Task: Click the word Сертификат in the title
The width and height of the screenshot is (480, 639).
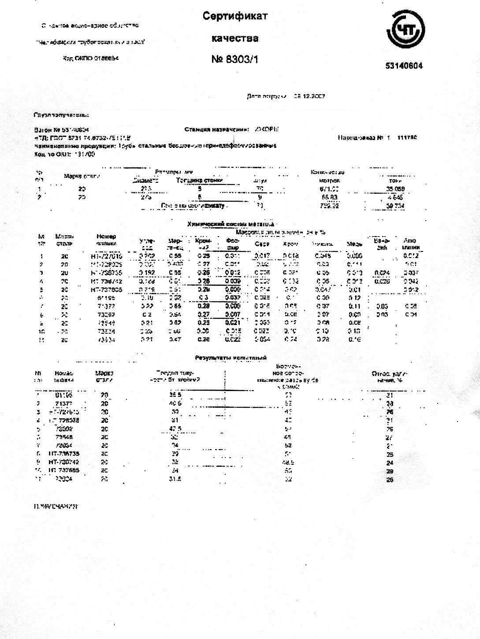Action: [x=235, y=16]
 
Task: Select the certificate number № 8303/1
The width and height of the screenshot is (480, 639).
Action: [x=234, y=59]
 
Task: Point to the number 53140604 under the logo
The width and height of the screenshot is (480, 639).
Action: [x=404, y=66]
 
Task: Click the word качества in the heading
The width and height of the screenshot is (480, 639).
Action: [x=235, y=38]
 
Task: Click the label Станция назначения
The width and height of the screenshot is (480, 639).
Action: [x=217, y=129]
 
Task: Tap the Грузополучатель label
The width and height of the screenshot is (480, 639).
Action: [x=61, y=115]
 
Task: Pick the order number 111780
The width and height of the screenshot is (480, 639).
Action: [x=407, y=138]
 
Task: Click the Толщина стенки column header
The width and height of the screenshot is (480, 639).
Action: [x=199, y=180]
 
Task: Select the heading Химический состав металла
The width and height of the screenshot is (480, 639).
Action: [x=231, y=224]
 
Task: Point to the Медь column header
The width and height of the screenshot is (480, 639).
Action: [x=354, y=244]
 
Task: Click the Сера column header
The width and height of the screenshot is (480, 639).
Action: [x=262, y=244]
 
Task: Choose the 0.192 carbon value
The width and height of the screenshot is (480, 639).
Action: [x=147, y=273]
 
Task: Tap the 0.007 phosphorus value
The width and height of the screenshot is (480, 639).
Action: [x=232, y=314]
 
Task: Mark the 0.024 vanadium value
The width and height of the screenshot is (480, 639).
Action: [x=382, y=273]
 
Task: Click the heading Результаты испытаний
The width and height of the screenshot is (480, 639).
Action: [x=231, y=358]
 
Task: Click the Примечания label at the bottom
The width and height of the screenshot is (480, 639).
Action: [x=56, y=506]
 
